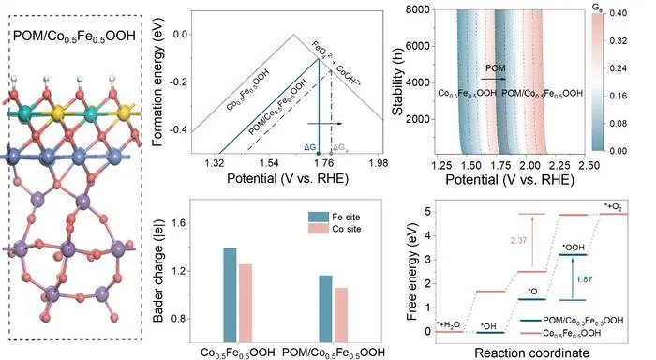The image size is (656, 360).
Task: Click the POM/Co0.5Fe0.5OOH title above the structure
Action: (74, 36)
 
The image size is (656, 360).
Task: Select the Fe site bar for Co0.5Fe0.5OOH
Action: (230, 295)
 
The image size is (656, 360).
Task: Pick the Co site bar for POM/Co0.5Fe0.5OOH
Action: (340, 315)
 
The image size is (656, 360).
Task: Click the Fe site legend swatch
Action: (319, 217)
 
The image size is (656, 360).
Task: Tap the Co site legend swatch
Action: (319, 229)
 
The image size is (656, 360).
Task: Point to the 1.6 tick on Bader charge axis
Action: (178, 223)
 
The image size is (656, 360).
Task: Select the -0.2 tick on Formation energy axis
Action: (178, 82)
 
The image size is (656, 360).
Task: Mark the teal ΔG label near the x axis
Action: (309, 147)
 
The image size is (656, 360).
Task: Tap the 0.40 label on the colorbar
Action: (618, 13)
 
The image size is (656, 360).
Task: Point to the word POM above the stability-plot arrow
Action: (496, 68)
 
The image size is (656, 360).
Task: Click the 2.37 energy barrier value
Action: (518, 241)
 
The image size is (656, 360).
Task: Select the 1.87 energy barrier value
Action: (584, 279)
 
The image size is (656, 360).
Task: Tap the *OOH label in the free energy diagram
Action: (574, 247)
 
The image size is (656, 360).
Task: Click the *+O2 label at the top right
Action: (613, 206)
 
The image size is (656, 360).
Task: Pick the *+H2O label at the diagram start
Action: (448, 324)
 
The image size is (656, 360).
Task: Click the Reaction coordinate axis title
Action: (531, 352)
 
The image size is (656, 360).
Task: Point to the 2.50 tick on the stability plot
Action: (589, 165)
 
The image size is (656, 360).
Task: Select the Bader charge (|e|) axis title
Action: (158, 271)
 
